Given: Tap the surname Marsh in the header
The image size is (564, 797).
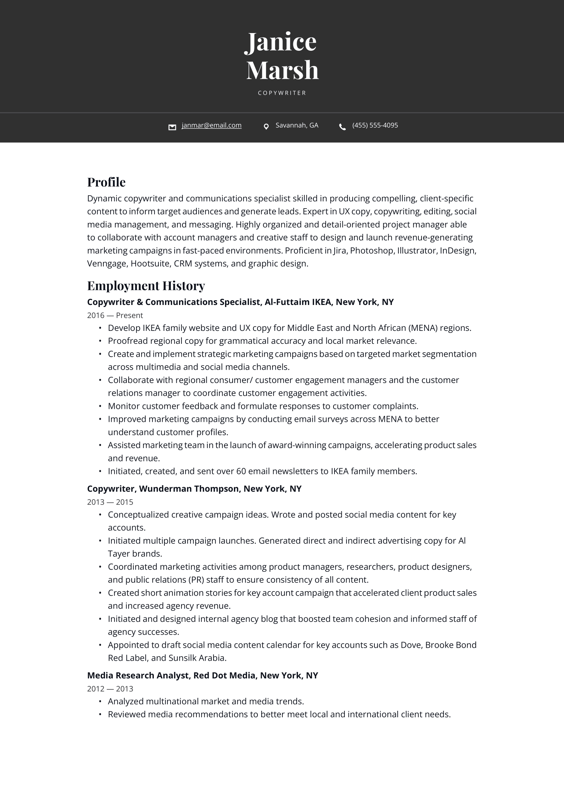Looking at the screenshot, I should coord(282,70).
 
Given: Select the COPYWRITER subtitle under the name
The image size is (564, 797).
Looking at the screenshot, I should coord(282,93).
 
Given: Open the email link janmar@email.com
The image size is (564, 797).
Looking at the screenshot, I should coord(211,125).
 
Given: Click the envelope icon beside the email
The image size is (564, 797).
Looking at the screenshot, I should coord(172,127).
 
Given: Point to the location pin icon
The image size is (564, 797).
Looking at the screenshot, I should coord(266,127).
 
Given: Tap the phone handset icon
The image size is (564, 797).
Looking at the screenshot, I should coord(342,127).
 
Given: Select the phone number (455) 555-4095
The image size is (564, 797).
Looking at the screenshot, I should coord(375,125).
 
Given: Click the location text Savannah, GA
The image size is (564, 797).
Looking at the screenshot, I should coord(297,125).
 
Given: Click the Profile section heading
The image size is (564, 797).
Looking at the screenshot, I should coord(106,182).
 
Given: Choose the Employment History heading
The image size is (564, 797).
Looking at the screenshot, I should coord(146,286).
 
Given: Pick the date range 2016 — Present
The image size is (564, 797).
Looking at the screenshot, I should coord(115,315).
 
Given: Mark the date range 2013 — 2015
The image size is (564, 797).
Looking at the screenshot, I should coord(110,502).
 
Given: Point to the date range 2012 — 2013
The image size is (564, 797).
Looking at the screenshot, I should coord(110,689).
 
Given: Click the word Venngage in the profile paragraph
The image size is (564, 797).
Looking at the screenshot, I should coord(107,264).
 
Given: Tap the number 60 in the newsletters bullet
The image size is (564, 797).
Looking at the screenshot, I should coord(241,471).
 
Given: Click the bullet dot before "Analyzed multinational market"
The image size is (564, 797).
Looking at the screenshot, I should coord(100,702).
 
